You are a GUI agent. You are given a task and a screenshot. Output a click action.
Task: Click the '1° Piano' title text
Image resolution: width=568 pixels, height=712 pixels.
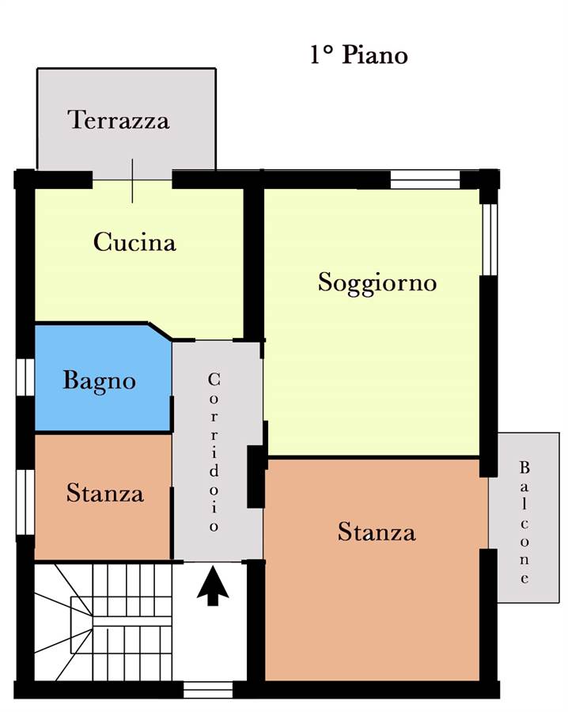[x=358, y=55]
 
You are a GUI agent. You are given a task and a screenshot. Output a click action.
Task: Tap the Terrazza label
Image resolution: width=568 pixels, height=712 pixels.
[x=119, y=120]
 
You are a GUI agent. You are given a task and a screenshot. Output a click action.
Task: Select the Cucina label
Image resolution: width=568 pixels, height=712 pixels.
[x=134, y=241]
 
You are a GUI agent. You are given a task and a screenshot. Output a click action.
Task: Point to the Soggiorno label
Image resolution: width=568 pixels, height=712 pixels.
[x=377, y=282]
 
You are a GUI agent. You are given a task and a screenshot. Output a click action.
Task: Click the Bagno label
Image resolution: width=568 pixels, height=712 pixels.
[x=99, y=381]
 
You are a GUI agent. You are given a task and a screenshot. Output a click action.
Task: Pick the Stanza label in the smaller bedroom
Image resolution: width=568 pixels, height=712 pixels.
[x=105, y=493]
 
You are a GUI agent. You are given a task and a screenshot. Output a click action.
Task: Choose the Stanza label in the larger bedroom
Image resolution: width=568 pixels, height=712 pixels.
[x=377, y=532]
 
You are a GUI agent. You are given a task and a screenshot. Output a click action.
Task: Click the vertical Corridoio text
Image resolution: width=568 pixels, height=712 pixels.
[x=214, y=452]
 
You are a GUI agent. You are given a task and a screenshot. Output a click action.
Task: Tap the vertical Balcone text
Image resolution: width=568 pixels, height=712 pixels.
[x=524, y=522]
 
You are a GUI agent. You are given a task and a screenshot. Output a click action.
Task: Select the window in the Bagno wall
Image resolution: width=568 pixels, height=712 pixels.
[x=26, y=377]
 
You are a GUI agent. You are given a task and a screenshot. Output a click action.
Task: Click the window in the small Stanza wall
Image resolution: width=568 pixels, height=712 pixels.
[x=26, y=502]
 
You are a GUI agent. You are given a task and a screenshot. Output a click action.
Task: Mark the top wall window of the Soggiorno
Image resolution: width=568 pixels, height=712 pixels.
[x=426, y=180]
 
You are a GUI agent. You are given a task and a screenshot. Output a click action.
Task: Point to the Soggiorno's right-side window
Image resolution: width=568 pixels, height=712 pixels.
[x=490, y=239]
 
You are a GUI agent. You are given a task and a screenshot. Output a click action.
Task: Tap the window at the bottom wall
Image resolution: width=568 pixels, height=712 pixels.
[x=208, y=690]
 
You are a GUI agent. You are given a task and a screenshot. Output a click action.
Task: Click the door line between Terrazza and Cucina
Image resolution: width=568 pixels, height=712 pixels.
[x=133, y=180]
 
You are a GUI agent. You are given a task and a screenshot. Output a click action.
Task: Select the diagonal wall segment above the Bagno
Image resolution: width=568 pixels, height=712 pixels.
[x=160, y=331]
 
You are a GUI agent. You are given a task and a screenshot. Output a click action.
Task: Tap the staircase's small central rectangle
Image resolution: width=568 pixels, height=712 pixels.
[x=81, y=624]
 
